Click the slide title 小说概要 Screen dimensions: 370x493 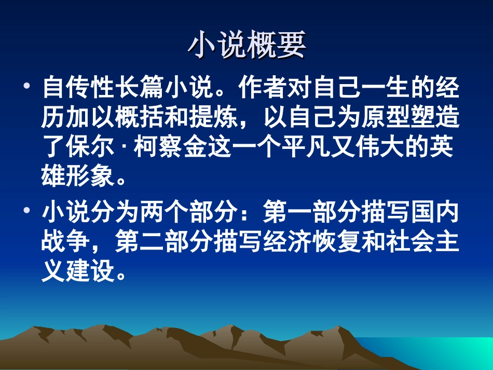click(246, 45)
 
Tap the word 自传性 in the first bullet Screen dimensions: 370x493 click(78, 88)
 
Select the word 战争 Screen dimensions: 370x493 click(65, 242)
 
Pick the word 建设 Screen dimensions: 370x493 click(89, 271)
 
